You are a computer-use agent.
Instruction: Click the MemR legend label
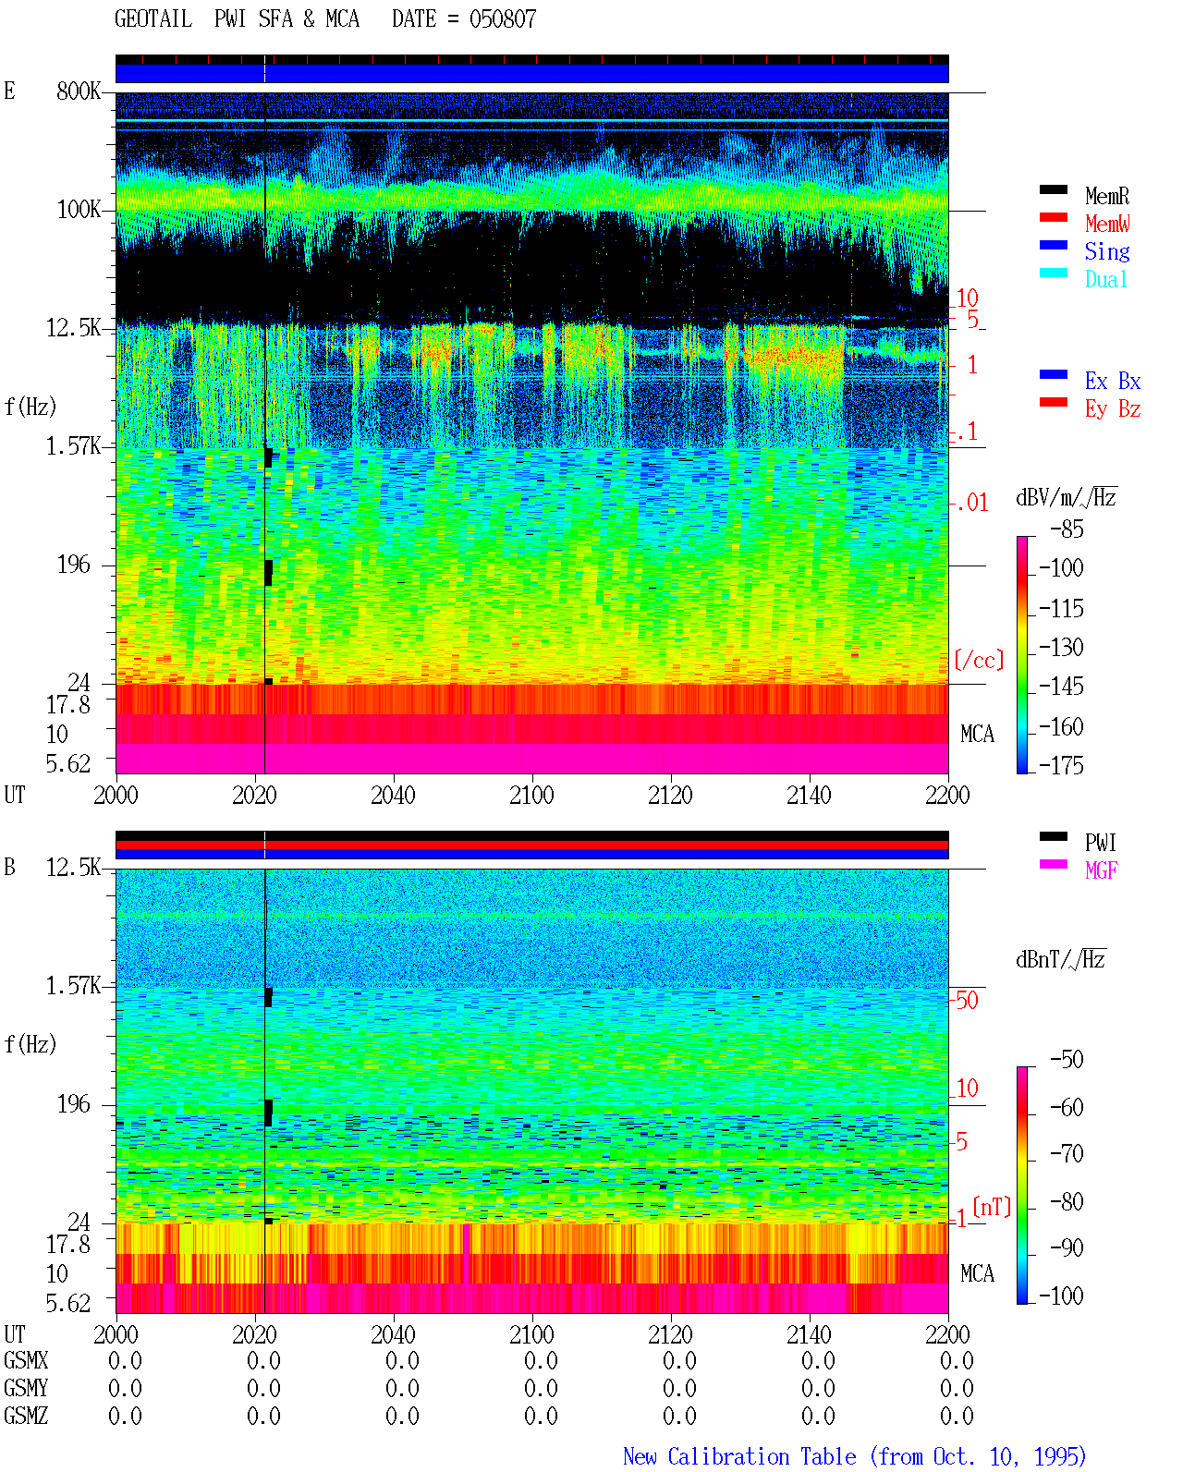pyautogui.click(x=1106, y=196)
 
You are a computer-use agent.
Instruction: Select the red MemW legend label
pyautogui.click(x=1106, y=224)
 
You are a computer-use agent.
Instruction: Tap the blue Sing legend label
pyautogui.click(x=1106, y=251)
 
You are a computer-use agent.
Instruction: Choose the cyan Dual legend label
pyautogui.click(x=1105, y=279)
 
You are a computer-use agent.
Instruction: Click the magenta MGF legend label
pyautogui.click(x=1101, y=870)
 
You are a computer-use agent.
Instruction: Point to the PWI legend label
pyautogui.click(x=1100, y=843)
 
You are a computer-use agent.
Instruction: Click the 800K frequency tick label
pyautogui.click(x=78, y=91)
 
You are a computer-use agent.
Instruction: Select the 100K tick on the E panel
pyautogui.click(x=78, y=210)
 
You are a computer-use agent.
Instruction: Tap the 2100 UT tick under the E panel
pyautogui.click(x=531, y=795)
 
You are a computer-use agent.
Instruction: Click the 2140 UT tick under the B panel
pyautogui.click(x=809, y=1334)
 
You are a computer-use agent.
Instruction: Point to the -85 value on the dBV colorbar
pyautogui.click(x=1067, y=529)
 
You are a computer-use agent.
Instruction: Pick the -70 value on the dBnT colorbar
pyautogui.click(x=1067, y=1154)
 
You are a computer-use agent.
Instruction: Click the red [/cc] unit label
pyautogui.click(x=979, y=660)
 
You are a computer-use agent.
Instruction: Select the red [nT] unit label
pyautogui.click(x=992, y=1207)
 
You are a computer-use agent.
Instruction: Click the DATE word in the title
pyautogui.click(x=414, y=19)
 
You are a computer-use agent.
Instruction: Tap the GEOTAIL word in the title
pyautogui.click(x=153, y=19)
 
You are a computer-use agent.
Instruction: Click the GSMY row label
pyautogui.click(x=26, y=1388)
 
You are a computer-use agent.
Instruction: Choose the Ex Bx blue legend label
pyautogui.click(x=1113, y=381)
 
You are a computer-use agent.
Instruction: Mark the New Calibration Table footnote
pyautogui.click(x=854, y=1456)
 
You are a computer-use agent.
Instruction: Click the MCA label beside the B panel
pyautogui.click(x=977, y=1273)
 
